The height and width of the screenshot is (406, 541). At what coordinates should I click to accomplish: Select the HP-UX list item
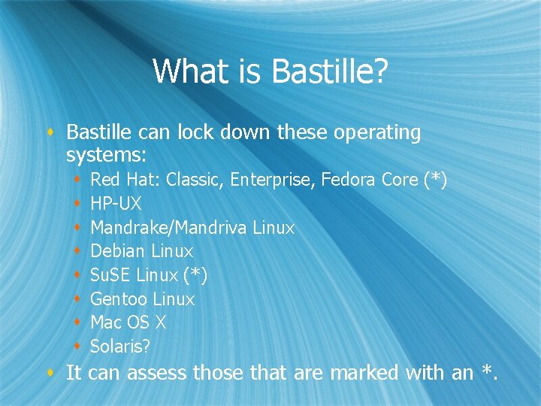pos(116,204)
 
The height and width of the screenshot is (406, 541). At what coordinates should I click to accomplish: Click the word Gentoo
pos(119,299)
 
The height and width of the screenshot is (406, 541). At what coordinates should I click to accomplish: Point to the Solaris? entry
pos(120,347)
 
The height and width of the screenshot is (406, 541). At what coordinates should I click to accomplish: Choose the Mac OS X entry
pos(128,323)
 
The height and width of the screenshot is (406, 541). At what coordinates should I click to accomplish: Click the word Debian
pos(118,251)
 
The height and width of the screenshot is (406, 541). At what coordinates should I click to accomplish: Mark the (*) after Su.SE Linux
pos(195,275)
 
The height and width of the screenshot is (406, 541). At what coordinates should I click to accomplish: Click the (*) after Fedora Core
pos(435,180)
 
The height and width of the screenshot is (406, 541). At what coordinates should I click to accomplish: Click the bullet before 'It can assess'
pos(50,372)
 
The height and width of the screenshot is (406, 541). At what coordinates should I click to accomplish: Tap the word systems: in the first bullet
pos(106,156)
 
